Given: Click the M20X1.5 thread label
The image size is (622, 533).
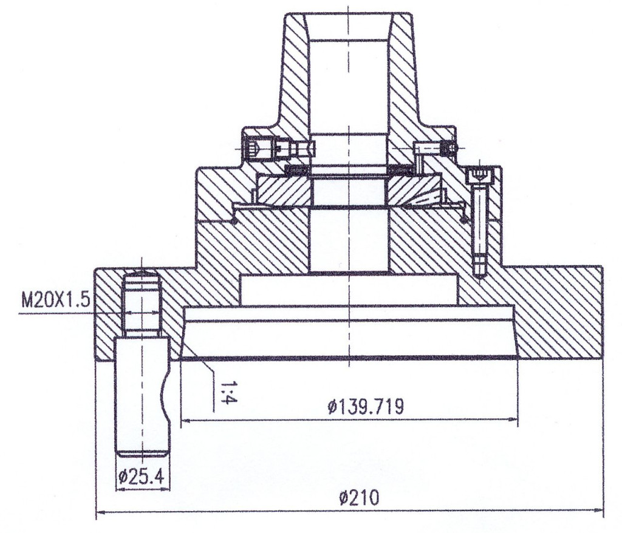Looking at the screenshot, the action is click(55, 301).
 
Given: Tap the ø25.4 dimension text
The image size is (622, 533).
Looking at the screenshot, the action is click(141, 477).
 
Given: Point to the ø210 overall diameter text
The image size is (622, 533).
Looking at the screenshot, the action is click(360, 498).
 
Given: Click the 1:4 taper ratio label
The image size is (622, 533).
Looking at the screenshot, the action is click(229, 392).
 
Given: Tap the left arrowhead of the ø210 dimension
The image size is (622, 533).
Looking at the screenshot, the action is click(102, 512).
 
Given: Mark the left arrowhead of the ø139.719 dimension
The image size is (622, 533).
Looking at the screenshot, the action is click(187, 419).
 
